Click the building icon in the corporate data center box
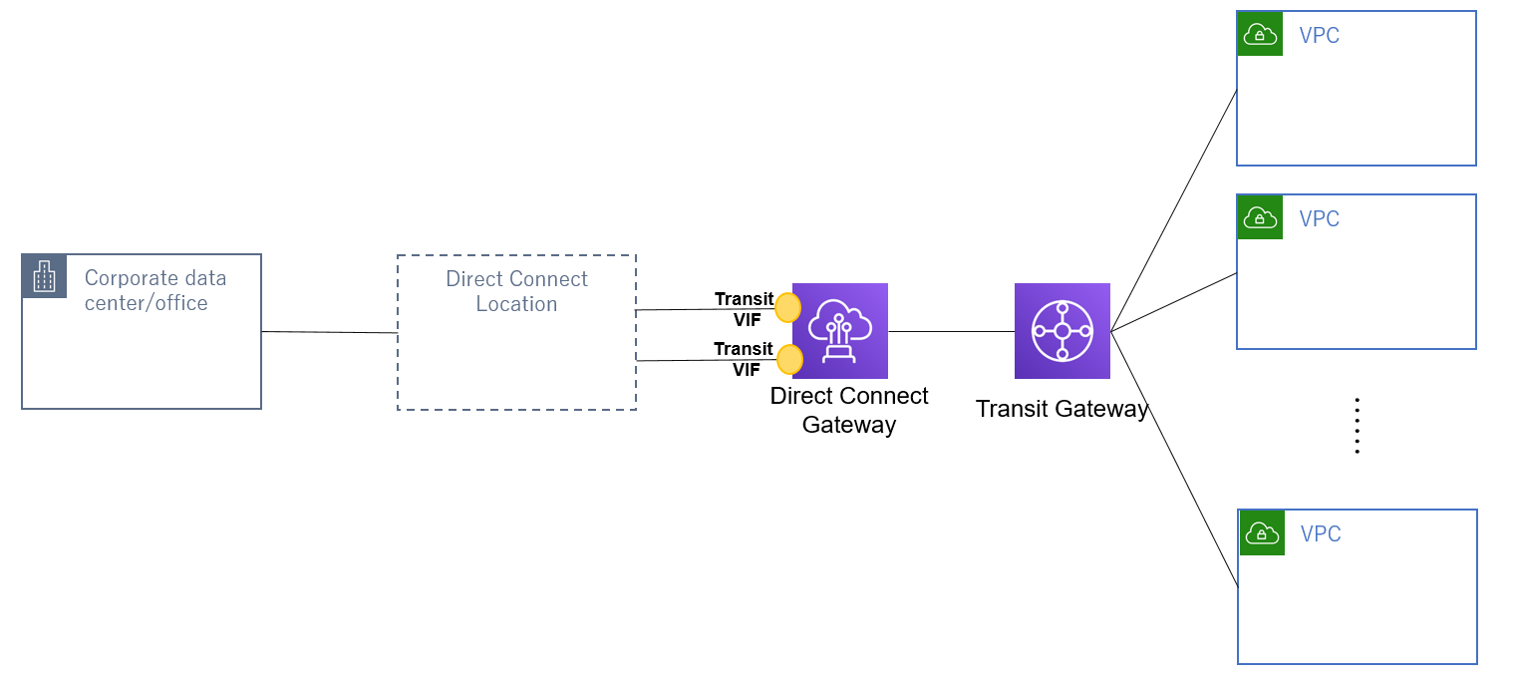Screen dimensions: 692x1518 coord(44,276)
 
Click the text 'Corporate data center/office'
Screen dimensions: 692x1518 coord(154,290)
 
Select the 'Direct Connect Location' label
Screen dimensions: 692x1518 coord(516,291)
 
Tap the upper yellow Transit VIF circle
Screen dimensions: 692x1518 coord(788,308)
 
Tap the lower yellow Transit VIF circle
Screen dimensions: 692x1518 coord(790,359)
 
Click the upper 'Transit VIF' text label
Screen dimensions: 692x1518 coord(744,309)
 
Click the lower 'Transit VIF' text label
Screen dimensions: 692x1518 coord(744,359)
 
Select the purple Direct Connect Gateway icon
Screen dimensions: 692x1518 coord(839,330)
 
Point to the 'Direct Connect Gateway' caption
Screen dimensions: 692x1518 coord(849,410)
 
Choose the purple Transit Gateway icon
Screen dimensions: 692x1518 coord(1062,330)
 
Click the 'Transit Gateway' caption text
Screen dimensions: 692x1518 coord(1062,409)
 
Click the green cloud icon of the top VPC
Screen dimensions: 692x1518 coord(1260,34)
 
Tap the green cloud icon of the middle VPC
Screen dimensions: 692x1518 coord(1260,217)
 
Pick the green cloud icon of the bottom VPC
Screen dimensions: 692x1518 coord(1262,532)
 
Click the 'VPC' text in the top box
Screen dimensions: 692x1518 coord(1320,36)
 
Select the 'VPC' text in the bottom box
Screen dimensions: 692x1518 coord(1321,534)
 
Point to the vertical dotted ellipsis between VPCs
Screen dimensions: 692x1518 coord(1357,426)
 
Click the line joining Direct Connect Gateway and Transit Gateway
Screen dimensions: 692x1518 coord(951,331)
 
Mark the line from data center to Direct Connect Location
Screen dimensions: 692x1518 coord(329,332)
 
